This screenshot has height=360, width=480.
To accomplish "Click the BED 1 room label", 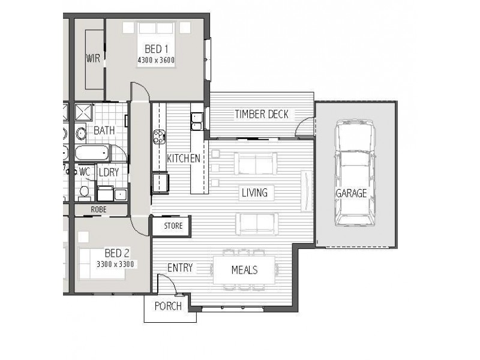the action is (x=156, y=49).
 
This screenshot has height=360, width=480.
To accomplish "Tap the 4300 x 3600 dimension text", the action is (x=156, y=60).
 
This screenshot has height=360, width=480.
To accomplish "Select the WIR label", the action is (x=93, y=58).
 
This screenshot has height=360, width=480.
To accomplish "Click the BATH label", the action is (x=104, y=131).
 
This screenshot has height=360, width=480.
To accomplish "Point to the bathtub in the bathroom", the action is (x=92, y=153).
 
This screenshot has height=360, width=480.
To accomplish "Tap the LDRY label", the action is (x=109, y=172).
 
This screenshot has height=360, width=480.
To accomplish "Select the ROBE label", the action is (x=98, y=209).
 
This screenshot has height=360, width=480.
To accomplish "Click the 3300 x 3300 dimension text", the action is (x=115, y=264).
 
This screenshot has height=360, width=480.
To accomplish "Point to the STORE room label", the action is (x=173, y=226).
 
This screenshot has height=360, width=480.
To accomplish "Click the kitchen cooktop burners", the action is (x=160, y=137).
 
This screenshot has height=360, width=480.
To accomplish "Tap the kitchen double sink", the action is (x=197, y=122).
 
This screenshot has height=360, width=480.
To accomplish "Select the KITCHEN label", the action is (x=184, y=158).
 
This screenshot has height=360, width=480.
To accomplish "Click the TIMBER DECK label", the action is (x=262, y=115).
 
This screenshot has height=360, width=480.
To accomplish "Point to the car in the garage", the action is (x=355, y=173).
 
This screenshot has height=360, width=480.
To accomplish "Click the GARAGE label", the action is (x=351, y=193).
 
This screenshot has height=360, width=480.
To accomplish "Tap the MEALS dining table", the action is (x=244, y=270).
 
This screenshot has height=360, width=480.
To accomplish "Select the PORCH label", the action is (x=168, y=306).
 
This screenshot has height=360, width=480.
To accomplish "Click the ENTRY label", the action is (x=180, y=268).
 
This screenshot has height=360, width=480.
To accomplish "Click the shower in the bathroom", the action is (x=83, y=112).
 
